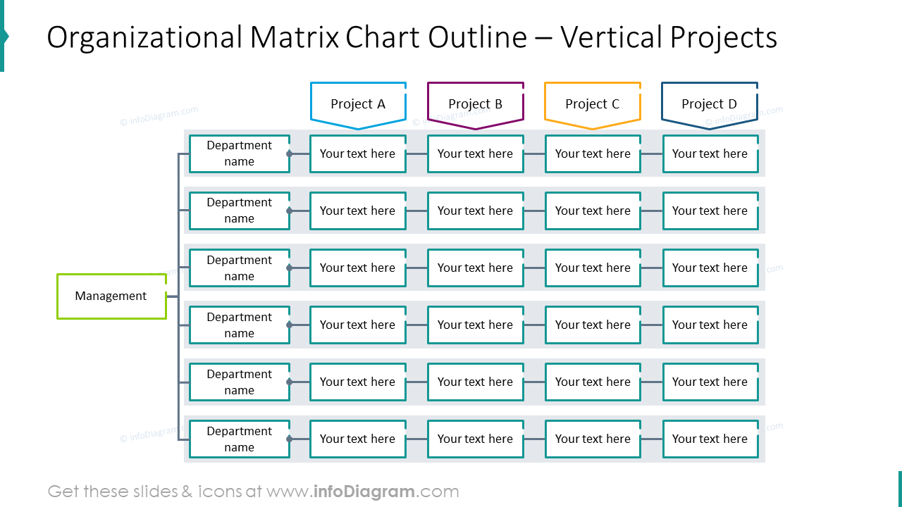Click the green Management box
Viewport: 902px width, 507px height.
pyautogui.click(x=111, y=296)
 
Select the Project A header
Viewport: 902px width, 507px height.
pyautogui.click(x=358, y=104)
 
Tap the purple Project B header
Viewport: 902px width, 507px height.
pyautogui.click(x=475, y=104)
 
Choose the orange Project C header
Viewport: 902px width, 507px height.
pyautogui.click(x=592, y=104)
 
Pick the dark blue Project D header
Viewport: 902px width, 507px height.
pyautogui.click(x=709, y=104)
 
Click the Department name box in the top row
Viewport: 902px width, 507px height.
pyautogui.click(x=239, y=154)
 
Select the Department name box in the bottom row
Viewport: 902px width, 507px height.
pyautogui.click(x=239, y=439)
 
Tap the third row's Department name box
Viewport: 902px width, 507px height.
pyautogui.click(x=239, y=268)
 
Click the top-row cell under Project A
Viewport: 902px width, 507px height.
pyautogui.click(x=358, y=154)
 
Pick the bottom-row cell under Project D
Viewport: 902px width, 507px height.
pyautogui.click(x=710, y=439)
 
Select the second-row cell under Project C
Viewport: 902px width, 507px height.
pyautogui.click(x=592, y=211)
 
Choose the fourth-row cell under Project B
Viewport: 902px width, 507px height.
pyautogui.click(x=475, y=325)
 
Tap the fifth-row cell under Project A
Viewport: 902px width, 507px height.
pyautogui.click(x=358, y=382)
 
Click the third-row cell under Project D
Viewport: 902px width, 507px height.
pyautogui.click(x=710, y=268)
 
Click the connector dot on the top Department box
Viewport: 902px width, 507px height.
pyautogui.click(x=289, y=154)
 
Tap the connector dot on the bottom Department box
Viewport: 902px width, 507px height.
pyautogui.click(x=289, y=439)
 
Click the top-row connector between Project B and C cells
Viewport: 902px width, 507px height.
pyautogui.click(x=534, y=154)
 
